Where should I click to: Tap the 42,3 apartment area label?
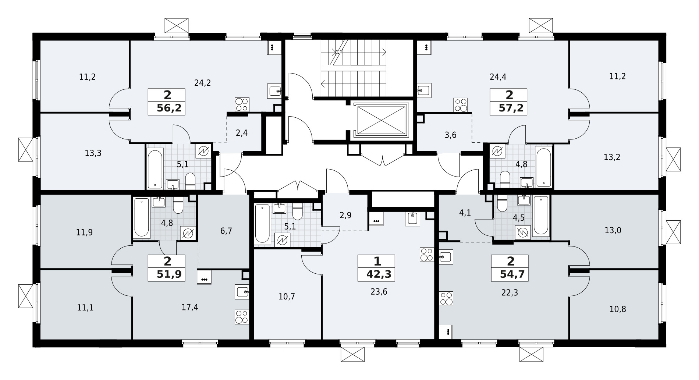pos(377,275)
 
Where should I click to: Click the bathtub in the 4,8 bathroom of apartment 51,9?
pos(142,217)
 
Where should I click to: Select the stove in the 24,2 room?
pos(242,104)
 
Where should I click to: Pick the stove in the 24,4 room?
pos(461,105)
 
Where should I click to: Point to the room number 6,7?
pos(226,231)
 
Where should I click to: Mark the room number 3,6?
pos(450,135)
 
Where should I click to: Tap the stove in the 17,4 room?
pos(242,317)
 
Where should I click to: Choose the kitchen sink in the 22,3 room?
pos(446,256)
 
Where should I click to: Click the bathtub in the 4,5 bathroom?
pos(541,216)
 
